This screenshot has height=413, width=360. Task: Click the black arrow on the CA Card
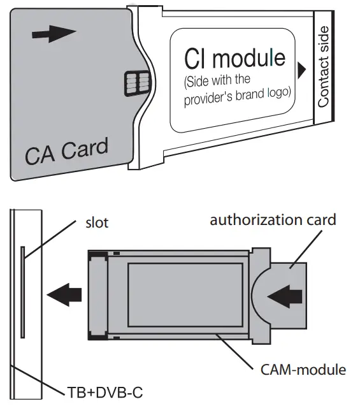tap(49, 35)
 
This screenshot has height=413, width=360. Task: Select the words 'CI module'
tap(234, 59)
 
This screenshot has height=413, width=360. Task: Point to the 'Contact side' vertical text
tap(323, 66)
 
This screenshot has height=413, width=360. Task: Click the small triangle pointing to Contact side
tap(301, 66)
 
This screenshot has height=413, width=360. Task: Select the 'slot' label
tap(96, 222)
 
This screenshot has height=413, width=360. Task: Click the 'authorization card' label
tap(273, 221)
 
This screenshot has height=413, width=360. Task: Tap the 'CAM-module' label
tap(303, 369)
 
